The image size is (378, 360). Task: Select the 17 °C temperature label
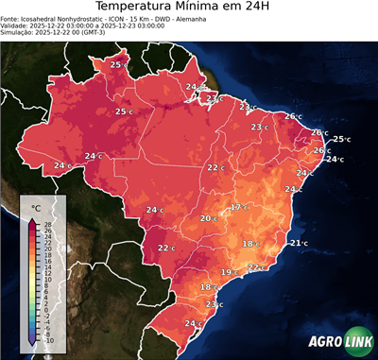(x=239, y=207)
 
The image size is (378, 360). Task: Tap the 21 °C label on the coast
(x=299, y=244)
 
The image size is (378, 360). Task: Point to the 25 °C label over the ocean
(x=341, y=139)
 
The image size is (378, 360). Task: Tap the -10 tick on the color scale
(x=48, y=340)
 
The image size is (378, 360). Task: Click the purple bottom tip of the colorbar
(x=32, y=343)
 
